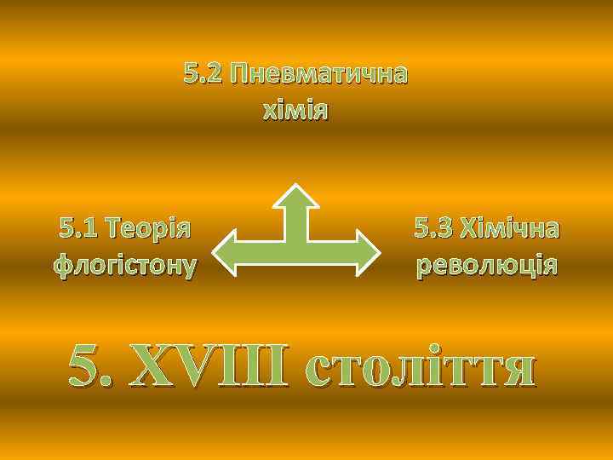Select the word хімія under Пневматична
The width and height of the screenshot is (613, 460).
point(295,112)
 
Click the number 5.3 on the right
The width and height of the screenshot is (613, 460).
point(433,228)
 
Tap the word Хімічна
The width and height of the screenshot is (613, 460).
point(510,228)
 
